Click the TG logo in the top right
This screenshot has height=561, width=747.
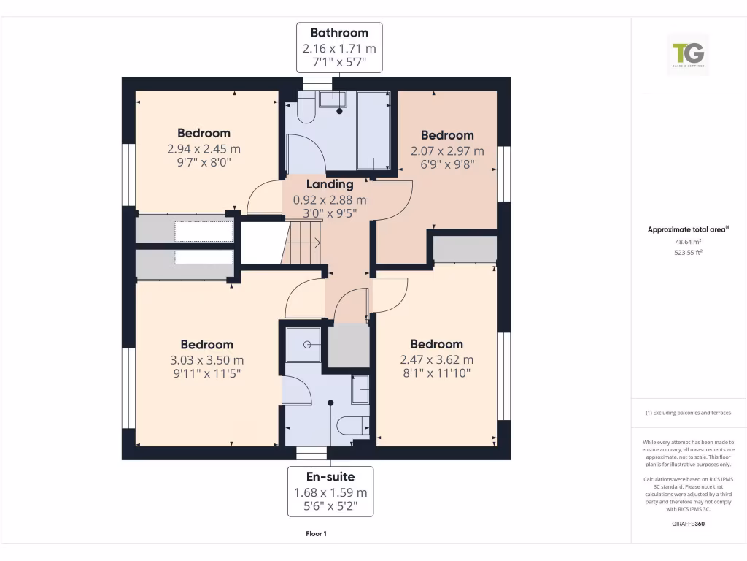(x=688, y=55)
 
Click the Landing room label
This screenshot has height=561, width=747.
(x=330, y=185)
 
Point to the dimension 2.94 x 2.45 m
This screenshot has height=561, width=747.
(x=204, y=149)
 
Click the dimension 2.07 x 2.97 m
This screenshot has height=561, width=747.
(x=447, y=150)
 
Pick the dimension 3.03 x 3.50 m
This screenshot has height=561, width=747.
(x=207, y=360)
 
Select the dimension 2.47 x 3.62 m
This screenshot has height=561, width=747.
(x=436, y=359)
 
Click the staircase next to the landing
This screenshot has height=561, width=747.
(x=303, y=243)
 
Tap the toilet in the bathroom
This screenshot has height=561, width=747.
(x=306, y=110)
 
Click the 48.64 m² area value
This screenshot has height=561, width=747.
(x=688, y=241)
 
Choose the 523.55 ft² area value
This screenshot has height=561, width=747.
(x=688, y=252)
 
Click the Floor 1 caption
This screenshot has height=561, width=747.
(x=316, y=534)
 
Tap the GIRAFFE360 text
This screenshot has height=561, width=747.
(x=688, y=524)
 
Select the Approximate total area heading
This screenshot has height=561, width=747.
(x=688, y=229)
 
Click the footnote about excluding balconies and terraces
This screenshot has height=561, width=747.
(x=688, y=413)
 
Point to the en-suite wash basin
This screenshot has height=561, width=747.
(x=360, y=390)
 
